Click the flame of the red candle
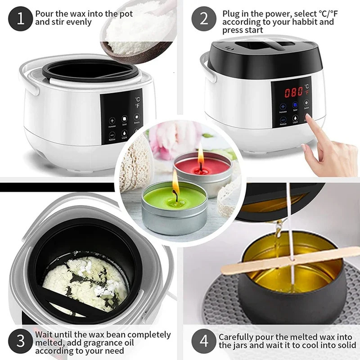coord(201,155)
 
